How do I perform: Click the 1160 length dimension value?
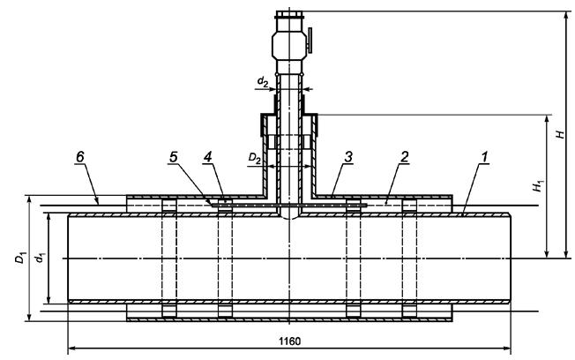coord(289,341)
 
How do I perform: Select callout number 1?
coord(484,157)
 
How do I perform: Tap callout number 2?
coord(404,157)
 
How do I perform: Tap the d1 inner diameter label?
coord(40,258)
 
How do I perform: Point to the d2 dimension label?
coord(262,81)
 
